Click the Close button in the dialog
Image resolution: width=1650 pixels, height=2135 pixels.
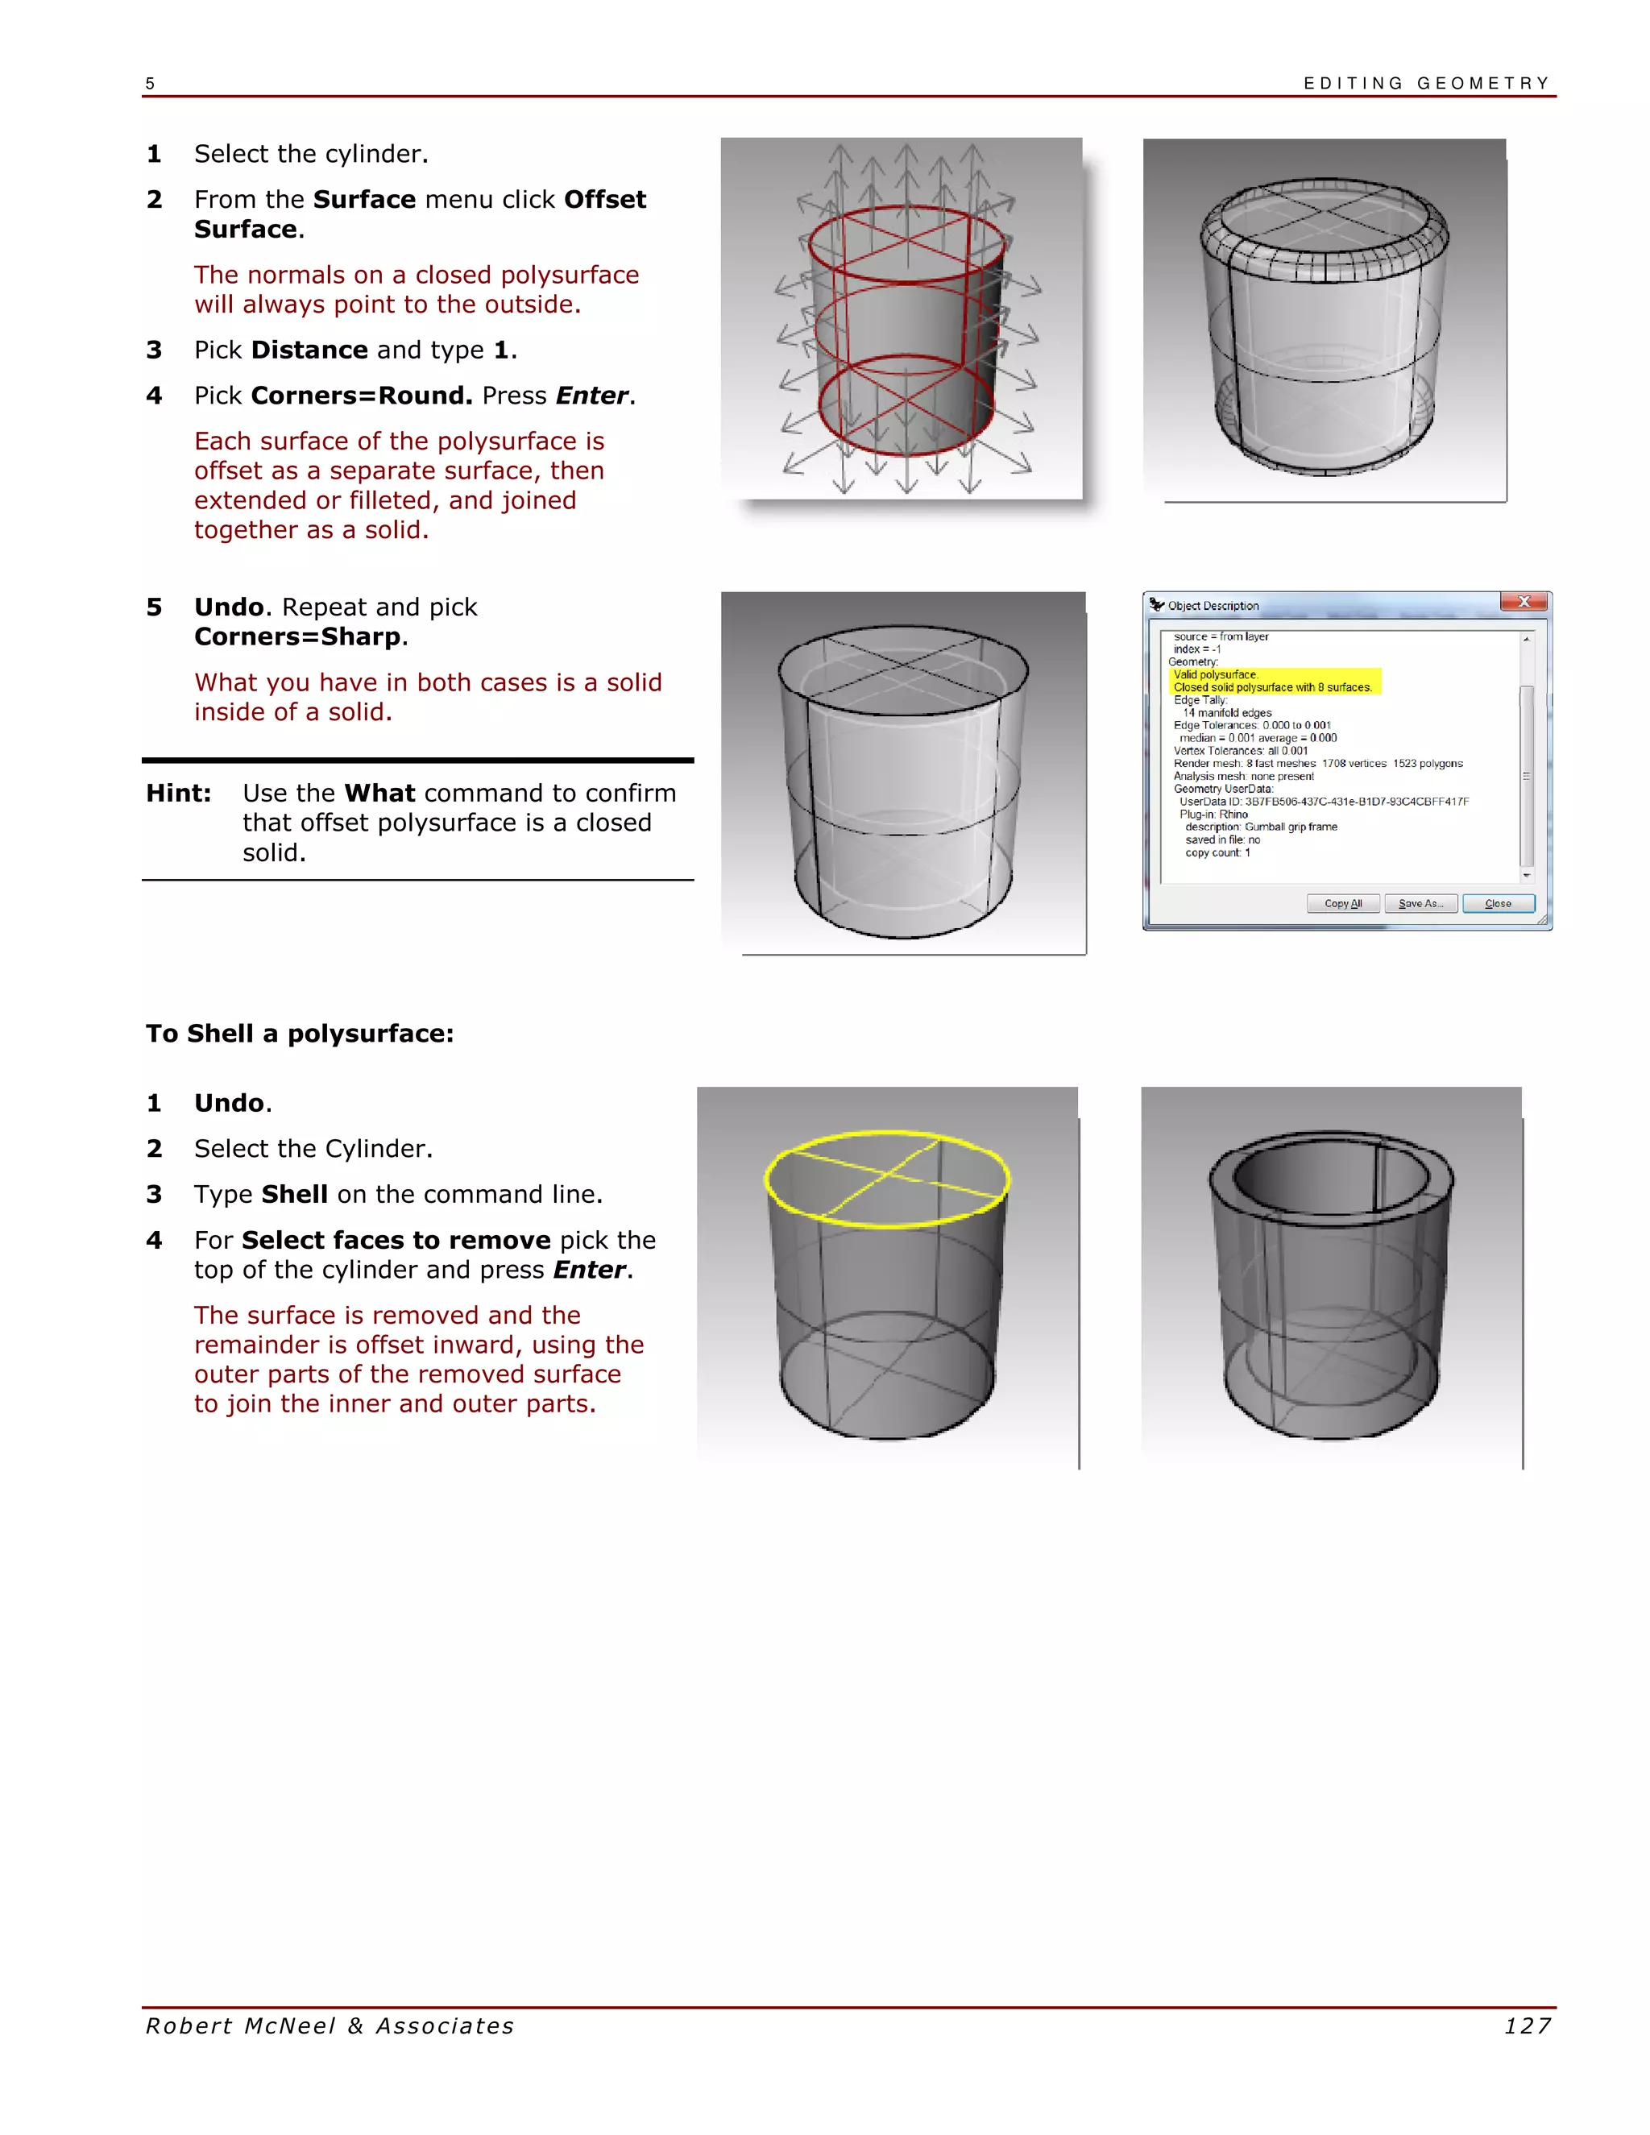click(x=1498, y=903)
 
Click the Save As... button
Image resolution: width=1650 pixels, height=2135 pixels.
click(x=1420, y=903)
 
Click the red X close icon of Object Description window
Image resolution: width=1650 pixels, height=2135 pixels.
click(x=1523, y=602)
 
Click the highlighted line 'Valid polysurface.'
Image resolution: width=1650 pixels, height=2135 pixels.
click(x=1215, y=674)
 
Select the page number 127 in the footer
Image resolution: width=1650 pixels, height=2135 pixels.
click(x=1527, y=2025)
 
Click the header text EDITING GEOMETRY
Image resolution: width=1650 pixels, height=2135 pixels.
click(x=1426, y=83)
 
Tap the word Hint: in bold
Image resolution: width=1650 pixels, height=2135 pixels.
click(x=179, y=793)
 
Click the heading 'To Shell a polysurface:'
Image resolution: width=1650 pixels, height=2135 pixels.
click(x=299, y=1034)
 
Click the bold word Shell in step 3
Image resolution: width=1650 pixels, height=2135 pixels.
click(x=294, y=1194)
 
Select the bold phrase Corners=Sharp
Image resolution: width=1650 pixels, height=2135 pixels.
click(x=297, y=636)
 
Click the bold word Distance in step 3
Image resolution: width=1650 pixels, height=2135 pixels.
click(x=309, y=350)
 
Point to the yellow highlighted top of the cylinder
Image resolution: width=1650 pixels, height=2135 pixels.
click(x=885, y=1178)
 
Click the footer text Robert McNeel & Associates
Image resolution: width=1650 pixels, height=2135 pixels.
click(x=330, y=2025)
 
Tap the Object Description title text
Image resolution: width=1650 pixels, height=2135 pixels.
click(x=1213, y=606)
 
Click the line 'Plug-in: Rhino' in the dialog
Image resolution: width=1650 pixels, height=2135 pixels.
click(x=1213, y=815)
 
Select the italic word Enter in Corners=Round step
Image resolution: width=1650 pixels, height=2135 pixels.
click(x=591, y=395)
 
